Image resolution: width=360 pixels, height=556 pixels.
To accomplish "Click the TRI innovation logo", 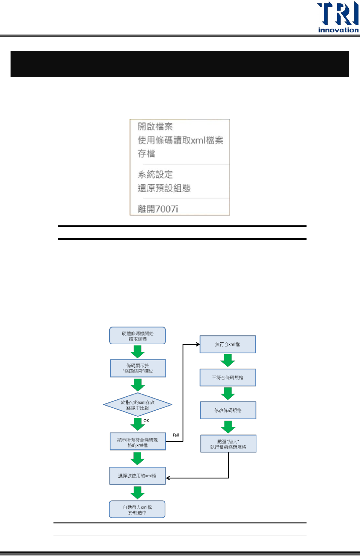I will click(x=338, y=17).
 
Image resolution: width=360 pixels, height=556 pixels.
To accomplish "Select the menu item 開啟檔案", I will click(x=155, y=127).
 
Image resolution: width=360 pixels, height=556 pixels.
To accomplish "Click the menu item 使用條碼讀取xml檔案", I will click(x=180, y=141).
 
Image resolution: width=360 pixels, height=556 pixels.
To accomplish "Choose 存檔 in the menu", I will click(x=146, y=154).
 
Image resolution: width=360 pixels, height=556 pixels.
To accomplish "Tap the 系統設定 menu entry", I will click(x=155, y=174).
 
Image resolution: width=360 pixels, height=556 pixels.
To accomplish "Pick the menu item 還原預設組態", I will click(x=164, y=188).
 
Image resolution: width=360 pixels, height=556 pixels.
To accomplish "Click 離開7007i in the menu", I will click(x=158, y=209).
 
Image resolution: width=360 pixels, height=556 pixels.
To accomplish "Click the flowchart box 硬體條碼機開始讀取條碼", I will click(x=137, y=336).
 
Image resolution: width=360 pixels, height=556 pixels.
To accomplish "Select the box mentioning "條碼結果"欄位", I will click(x=138, y=368).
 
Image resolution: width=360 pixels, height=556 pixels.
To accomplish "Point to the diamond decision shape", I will click(x=138, y=405).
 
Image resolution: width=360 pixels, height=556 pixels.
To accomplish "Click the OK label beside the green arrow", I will click(x=146, y=421).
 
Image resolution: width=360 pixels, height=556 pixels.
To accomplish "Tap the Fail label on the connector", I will click(x=176, y=435).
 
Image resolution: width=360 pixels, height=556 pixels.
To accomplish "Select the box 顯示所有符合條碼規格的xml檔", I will click(x=138, y=442).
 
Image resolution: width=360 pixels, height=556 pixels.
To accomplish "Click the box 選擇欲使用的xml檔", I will click(x=137, y=476).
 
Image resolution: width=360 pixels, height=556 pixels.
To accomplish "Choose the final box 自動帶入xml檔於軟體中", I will click(x=137, y=509).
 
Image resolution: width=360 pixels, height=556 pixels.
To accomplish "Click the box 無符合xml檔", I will click(x=227, y=344).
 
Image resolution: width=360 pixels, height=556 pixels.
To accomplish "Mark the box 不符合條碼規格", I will click(x=227, y=377).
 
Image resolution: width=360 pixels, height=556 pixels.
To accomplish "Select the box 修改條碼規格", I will click(x=228, y=410).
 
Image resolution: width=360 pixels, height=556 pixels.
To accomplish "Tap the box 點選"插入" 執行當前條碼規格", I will click(x=228, y=444).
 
